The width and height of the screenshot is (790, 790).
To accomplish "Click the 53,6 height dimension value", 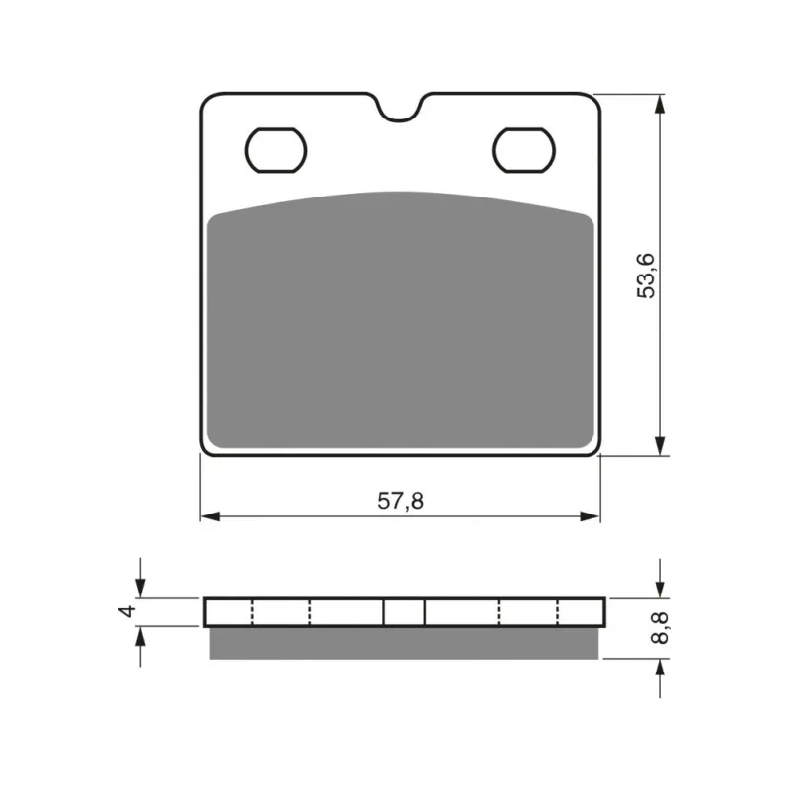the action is click(646, 276).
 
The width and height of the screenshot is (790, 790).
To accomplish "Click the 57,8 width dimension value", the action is click(401, 501).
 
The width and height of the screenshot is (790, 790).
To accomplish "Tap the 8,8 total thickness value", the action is click(660, 628).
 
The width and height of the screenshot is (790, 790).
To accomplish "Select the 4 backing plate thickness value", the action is click(127, 611).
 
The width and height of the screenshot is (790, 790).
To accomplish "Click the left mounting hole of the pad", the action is click(276, 150).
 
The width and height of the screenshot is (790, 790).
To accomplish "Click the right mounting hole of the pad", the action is click(524, 150).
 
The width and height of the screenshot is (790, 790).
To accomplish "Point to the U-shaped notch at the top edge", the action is click(399, 109).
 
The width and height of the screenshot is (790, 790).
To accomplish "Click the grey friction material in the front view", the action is click(401, 323).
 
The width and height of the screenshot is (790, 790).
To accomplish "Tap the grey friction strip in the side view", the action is click(404, 644).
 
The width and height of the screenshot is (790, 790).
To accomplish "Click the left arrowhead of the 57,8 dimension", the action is click(210, 516).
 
